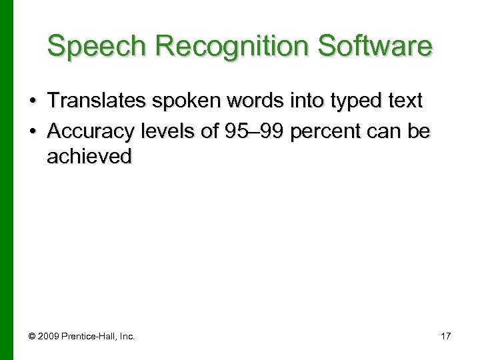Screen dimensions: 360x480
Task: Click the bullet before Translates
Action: (x=32, y=101)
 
